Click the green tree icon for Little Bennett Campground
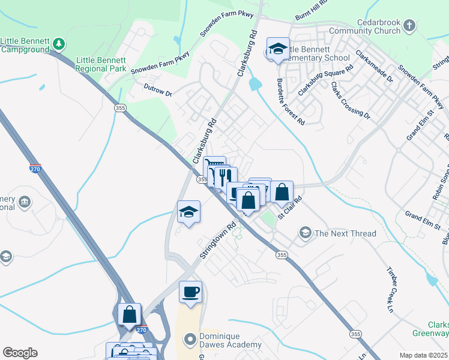tap(58, 43)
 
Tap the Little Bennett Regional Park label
tap(101, 64)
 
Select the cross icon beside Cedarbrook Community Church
tap(409, 26)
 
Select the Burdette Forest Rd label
tap(291, 101)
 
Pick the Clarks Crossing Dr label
tap(351, 100)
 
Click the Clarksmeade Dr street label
tap(373, 67)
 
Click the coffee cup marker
tap(190, 292)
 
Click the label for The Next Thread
tap(345, 233)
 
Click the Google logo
tap(20, 353)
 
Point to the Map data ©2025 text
tap(423, 355)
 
